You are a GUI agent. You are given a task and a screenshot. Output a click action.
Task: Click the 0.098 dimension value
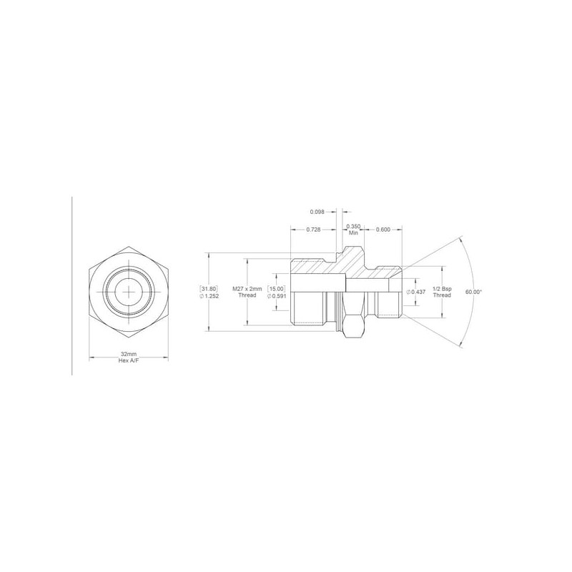[x=317, y=212]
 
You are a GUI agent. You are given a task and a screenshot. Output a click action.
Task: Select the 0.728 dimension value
[x=313, y=230]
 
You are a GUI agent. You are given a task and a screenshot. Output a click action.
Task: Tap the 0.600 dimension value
[x=383, y=230]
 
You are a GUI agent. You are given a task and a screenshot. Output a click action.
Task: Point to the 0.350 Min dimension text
[x=353, y=230]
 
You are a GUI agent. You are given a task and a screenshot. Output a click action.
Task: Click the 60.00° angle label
[x=474, y=292]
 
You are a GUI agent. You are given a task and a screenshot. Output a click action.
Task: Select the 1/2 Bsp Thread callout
[x=442, y=292]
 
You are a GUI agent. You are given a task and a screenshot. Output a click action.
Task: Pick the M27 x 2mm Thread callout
[x=247, y=292]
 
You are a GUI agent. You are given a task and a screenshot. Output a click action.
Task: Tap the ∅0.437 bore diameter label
[x=416, y=292]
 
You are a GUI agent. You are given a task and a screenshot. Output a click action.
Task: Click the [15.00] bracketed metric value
[x=276, y=289]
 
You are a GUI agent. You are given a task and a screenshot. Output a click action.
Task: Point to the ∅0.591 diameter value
[x=276, y=295]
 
